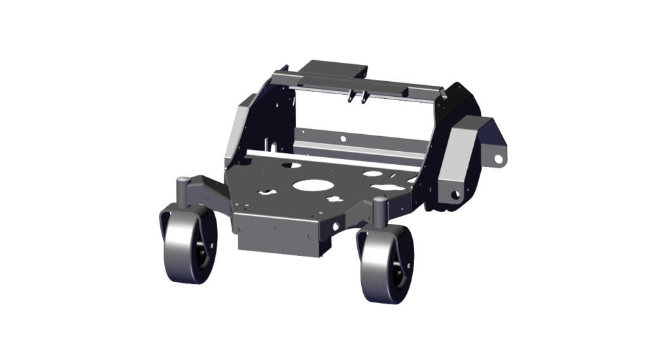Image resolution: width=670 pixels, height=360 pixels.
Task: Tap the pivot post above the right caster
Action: [378, 207]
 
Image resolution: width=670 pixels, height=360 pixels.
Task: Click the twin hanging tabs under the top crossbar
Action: [357, 96]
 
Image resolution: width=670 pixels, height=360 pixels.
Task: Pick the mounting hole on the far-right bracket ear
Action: [498, 158]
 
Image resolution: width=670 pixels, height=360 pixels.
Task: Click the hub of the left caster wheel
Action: [200, 252]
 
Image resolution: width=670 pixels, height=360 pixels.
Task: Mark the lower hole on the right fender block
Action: [454, 194]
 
